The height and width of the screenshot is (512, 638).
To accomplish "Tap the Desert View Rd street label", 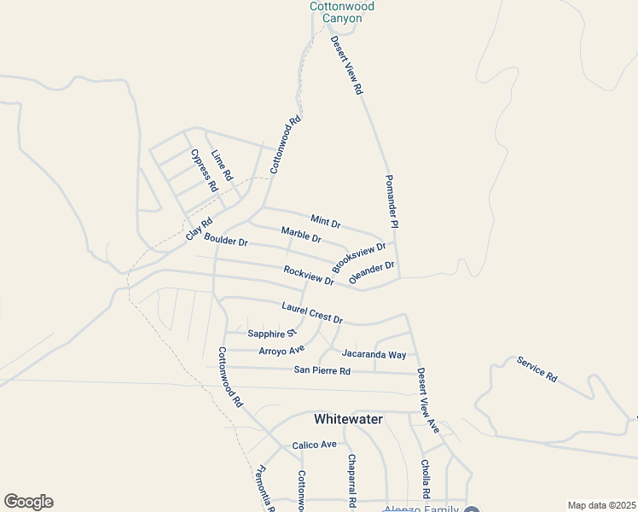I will [347, 64].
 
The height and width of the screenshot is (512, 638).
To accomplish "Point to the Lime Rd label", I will [222, 164].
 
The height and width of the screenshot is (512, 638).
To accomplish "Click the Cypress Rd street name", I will [204, 171].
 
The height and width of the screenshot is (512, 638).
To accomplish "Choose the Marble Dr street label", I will [301, 234].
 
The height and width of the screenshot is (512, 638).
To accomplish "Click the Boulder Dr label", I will [225, 241].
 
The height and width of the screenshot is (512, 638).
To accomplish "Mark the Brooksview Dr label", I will [359, 257].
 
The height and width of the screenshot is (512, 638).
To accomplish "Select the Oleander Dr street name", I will [372, 273].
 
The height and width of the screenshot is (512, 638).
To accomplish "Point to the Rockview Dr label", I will [309, 275].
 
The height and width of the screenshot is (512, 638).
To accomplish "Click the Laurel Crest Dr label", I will [312, 313].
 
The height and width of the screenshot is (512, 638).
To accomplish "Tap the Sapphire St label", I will [271, 334].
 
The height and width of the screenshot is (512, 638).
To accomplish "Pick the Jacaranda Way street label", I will [374, 354].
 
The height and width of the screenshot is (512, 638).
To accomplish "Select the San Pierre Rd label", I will [322, 370].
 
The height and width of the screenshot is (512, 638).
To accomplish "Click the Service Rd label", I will [536, 368].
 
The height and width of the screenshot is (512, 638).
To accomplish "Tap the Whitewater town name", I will [348, 419].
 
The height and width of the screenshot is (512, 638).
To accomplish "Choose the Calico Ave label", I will [315, 445].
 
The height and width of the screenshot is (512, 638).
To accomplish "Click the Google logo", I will [28, 502].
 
